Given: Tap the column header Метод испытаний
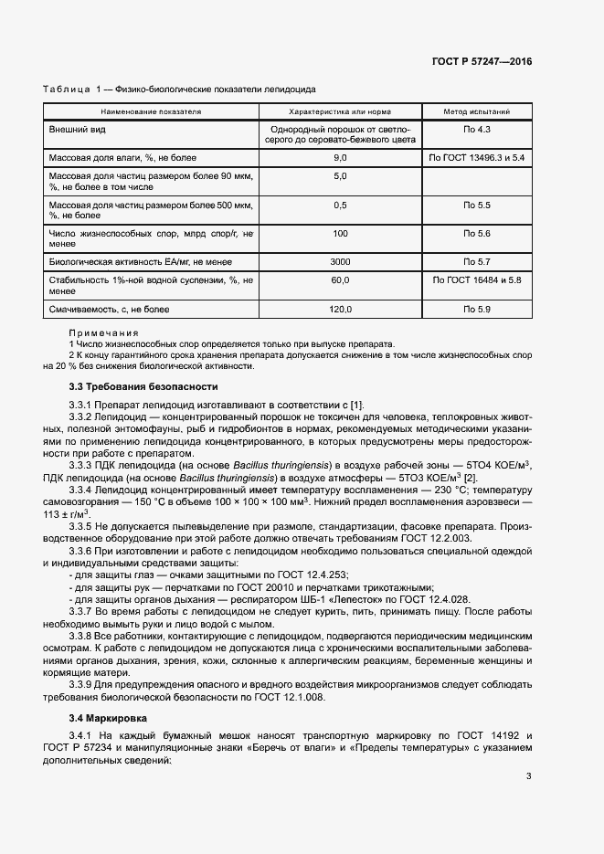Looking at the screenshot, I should pyautogui.click(x=477, y=111).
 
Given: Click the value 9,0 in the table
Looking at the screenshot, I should pyautogui.click(x=341, y=158).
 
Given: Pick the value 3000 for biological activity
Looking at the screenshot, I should pyautogui.click(x=341, y=261).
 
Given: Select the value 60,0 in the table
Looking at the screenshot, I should pyautogui.click(x=341, y=279).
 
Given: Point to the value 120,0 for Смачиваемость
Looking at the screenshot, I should pyautogui.click(x=341, y=311).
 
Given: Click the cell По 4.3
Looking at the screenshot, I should pyautogui.click(x=477, y=130).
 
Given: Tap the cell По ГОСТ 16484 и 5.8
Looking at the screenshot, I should pyautogui.click(x=477, y=279).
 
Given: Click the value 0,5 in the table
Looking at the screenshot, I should pyautogui.click(x=341, y=205).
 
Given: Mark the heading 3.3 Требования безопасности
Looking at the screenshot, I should pyautogui.click(x=144, y=386).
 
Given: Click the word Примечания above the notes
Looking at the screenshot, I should pyautogui.click(x=103, y=333).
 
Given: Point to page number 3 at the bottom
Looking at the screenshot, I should pyautogui.click(x=528, y=776).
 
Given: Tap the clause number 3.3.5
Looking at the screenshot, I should pyautogui.click(x=84, y=527).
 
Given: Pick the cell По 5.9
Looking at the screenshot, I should pyautogui.click(x=477, y=311).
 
